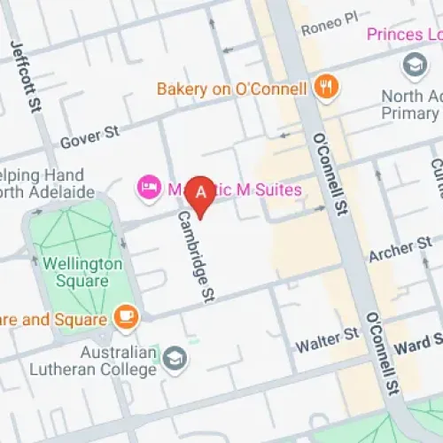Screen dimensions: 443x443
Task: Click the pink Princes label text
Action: pyautogui.click(x=403, y=35)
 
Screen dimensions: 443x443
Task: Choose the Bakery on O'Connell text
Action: pyautogui.click(x=231, y=89)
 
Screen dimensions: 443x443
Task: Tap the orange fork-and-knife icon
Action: pyautogui.click(x=327, y=88)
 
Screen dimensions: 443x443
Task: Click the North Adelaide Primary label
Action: pyautogui.click(x=410, y=105)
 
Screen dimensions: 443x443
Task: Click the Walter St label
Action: pyautogui.click(x=327, y=335)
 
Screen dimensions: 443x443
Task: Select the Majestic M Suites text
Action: pyautogui.click(x=232, y=190)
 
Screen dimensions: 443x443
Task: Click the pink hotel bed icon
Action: pyautogui.click(x=145, y=188)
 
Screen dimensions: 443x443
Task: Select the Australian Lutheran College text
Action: pyautogui.click(x=96, y=361)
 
